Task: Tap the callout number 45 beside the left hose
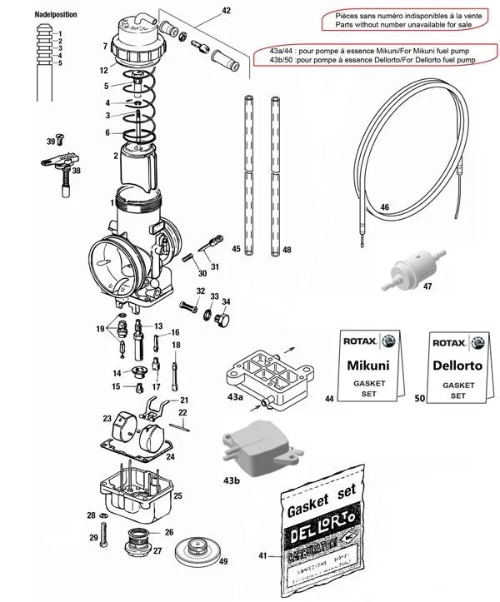click(236, 249)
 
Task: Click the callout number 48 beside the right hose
click(287, 249)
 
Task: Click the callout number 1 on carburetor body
click(111, 202)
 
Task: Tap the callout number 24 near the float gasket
click(170, 456)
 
